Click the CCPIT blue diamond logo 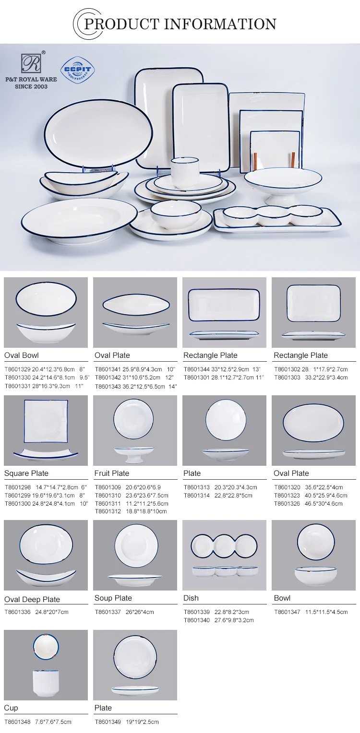[78, 70]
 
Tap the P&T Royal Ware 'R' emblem [31, 63]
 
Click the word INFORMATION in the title [220, 24]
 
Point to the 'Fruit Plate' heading [112, 473]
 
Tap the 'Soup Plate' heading [113, 598]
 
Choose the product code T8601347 [287, 612]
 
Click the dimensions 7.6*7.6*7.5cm [53, 721]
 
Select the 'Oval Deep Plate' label [32, 599]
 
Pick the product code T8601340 [196, 620]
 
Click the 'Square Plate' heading [26, 473]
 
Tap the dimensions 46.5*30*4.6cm [324, 504]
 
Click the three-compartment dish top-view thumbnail [224, 546]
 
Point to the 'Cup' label [11, 708]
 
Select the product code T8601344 [196, 369]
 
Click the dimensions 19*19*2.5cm [142, 721]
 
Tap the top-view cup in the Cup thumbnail [46, 647]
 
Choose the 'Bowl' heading [282, 598]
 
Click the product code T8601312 [108, 511]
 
